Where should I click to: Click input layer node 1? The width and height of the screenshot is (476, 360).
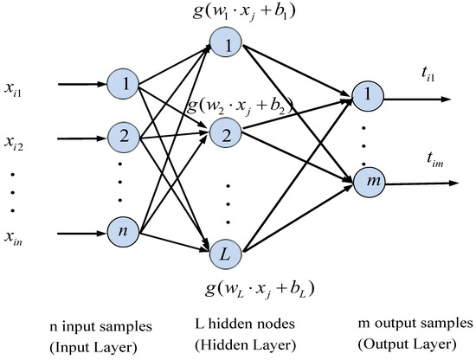coord(127,85)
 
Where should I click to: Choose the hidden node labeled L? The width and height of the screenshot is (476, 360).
coord(223,254)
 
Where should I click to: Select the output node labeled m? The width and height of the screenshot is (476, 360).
coord(366,182)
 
